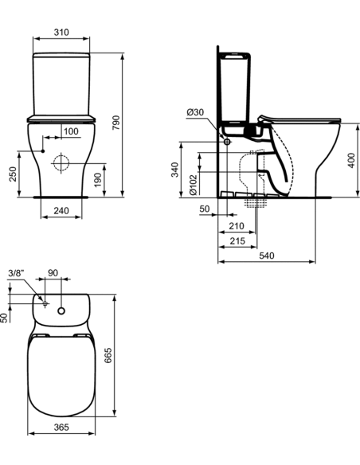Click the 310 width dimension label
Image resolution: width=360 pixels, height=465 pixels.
coord(61,32)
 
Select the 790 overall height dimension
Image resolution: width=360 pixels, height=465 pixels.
coord(116,123)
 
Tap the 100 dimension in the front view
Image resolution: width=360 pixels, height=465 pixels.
coord(71,131)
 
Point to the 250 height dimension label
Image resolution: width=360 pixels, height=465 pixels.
coord(13,174)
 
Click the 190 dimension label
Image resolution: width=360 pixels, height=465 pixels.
coord(97,180)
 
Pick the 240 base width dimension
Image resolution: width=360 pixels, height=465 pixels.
coord(61,210)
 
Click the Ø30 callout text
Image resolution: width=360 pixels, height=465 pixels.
coord(195,112)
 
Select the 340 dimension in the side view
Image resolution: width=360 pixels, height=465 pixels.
coord(175,170)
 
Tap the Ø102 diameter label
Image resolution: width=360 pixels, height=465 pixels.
coord(193,185)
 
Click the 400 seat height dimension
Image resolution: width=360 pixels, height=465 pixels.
coord(352,160)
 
